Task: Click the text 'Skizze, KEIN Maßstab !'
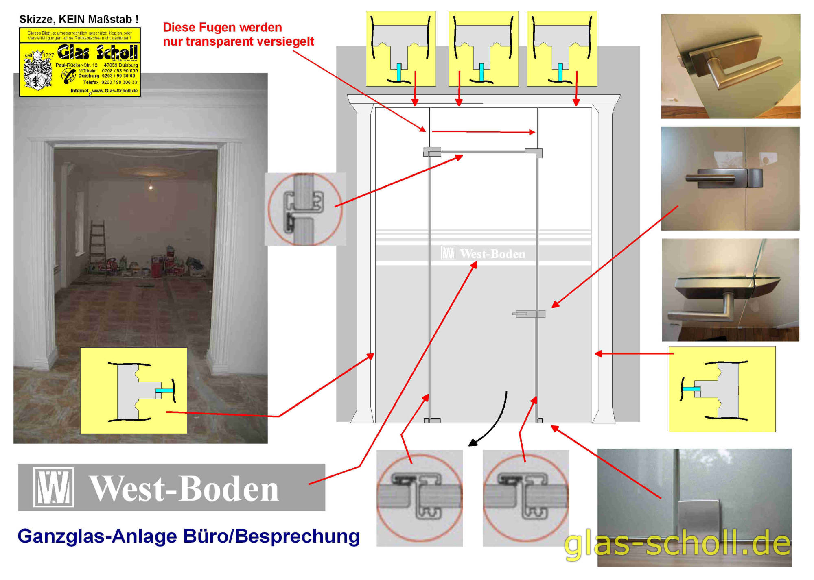[79, 19]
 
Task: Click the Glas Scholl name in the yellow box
[98, 52]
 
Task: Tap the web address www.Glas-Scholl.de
[115, 91]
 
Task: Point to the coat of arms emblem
[37, 70]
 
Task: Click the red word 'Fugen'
[222, 27]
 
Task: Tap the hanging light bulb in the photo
[151, 187]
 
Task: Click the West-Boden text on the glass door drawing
[492, 254]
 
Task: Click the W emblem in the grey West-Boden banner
[53, 487]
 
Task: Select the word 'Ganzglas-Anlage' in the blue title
[98, 536]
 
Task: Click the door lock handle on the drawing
[529, 314]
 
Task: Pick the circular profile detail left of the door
[305, 209]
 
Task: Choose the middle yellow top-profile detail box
[484, 49]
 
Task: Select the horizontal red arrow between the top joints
[484, 132]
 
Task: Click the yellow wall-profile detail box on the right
[722, 389]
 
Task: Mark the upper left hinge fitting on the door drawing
[432, 152]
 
